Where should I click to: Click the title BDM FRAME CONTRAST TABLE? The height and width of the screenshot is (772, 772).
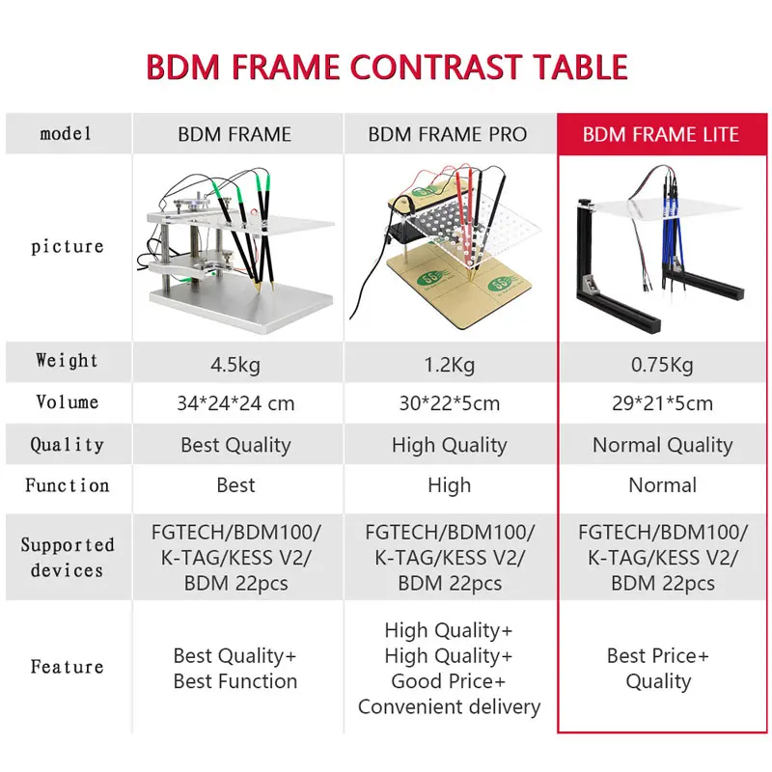point(386,67)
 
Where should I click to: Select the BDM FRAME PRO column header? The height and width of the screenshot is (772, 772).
point(448,134)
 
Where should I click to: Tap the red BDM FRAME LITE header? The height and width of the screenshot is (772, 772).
point(661,134)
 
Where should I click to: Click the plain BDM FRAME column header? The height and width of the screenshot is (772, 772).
point(234,134)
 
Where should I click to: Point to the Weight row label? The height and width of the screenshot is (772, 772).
point(67,361)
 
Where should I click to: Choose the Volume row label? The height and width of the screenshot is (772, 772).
point(67,401)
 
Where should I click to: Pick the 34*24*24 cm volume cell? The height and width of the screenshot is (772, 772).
point(234,403)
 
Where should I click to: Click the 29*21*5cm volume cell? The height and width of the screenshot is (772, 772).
point(662,403)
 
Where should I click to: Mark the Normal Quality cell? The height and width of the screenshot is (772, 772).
point(662,445)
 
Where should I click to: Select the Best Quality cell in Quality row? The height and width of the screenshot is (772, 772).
point(235,445)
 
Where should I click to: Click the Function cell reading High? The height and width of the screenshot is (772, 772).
point(449,485)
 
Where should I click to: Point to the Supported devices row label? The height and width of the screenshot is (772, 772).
point(67,557)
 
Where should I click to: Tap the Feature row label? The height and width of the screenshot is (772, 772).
point(67,667)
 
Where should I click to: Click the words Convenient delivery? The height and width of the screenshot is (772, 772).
point(449,706)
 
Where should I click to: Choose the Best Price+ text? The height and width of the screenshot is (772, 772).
point(658,656)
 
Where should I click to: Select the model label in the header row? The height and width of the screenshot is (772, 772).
point(67,134)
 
